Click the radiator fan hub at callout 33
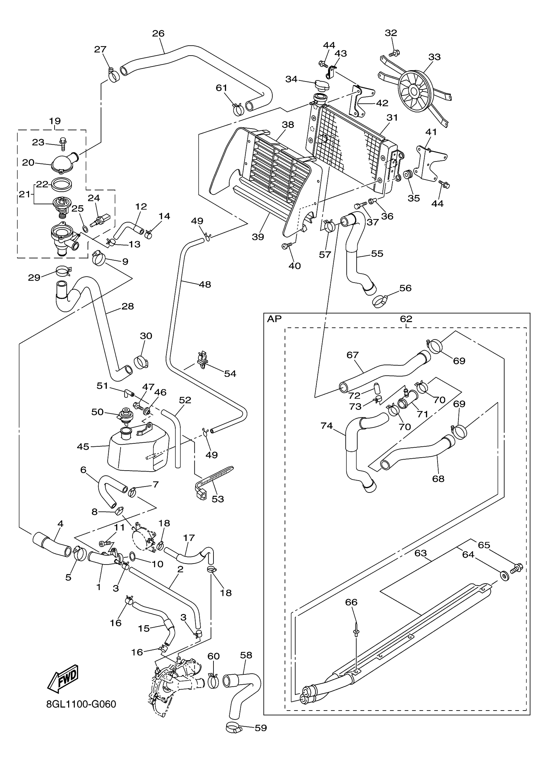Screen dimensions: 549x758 (414, 90)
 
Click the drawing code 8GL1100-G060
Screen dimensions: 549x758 (81, 704)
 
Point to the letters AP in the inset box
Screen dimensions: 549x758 (274, 319)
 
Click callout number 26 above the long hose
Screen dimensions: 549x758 (158, 33)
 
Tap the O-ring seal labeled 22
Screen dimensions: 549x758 (62, 184)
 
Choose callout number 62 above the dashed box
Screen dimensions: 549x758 (406, 319)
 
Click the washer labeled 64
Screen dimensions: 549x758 (505, 576)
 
